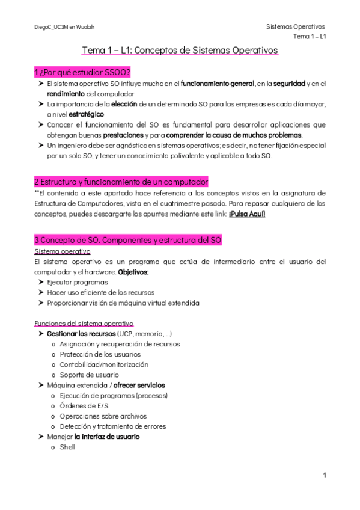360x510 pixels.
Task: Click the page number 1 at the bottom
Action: [x=324, y=476]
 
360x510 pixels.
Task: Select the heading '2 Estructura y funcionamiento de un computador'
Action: [x=121, y=182]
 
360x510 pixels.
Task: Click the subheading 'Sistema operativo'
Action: [x=63, y=251]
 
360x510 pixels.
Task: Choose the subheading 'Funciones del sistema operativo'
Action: [x=84, y=323]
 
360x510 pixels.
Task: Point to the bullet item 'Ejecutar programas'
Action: [x=77, y=282]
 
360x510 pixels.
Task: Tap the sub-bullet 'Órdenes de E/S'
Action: [x=83, y=406]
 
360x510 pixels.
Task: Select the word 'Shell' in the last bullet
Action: [x=67, y=447]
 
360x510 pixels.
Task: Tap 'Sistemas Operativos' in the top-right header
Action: [x=295, y=27]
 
